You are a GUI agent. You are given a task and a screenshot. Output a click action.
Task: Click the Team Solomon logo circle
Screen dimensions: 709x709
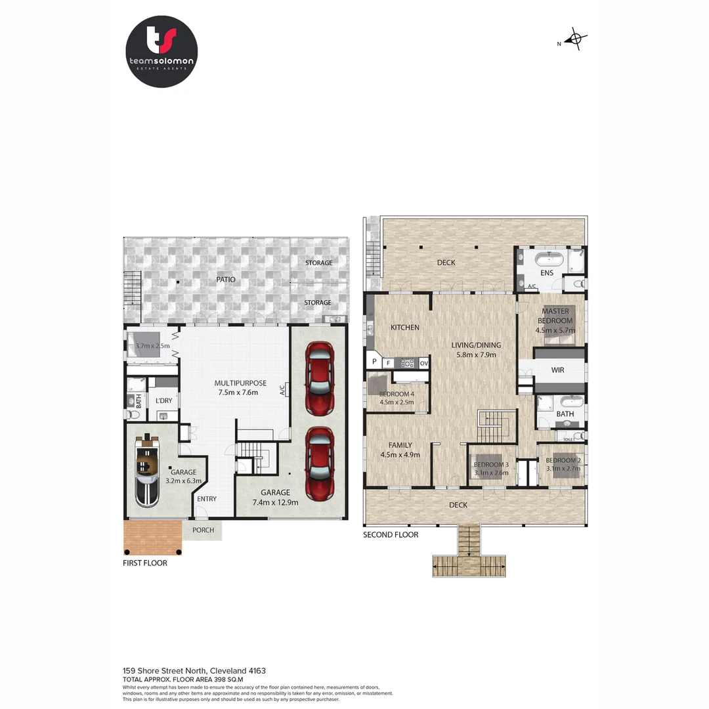coord(161,52)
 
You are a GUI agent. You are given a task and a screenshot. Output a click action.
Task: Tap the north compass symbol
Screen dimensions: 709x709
coord(576,39)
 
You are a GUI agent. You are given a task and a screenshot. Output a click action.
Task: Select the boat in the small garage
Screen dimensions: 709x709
coord(147,469)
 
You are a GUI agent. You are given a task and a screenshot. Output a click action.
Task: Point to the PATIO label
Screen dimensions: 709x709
coord(226,280)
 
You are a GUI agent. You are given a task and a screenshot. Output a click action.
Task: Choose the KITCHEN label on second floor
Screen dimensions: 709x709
coord(404,328)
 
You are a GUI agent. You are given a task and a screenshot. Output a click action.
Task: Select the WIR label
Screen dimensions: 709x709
coord(557,370)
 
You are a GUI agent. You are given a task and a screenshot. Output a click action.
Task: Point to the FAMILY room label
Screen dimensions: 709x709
coord(400,444)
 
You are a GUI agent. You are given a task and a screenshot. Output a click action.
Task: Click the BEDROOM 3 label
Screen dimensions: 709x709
coord(490,465)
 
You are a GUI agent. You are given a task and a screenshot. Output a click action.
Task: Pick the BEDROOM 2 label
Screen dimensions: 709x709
coord(562,461)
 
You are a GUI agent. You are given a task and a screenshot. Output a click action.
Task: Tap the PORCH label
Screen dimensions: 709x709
coord(203,530)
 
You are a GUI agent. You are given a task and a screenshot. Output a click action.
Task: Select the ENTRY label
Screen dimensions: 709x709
coord(207,499)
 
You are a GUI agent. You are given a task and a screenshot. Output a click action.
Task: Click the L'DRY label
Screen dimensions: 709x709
coord(163,400)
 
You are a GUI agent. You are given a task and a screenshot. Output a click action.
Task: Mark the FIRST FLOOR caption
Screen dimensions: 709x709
coord(145,563)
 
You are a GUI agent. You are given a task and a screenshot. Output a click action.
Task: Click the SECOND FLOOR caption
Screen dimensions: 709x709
coord(391,535)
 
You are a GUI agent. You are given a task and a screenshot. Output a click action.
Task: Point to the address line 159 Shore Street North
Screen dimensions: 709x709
coord(194,670)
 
